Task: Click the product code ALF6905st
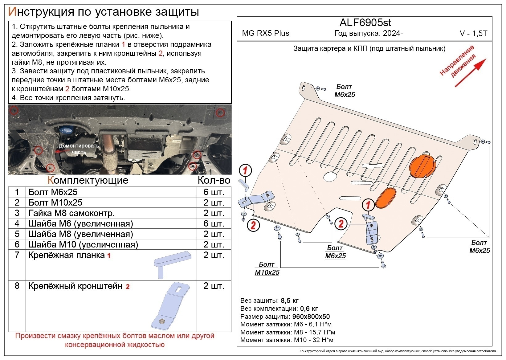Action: click(365, 23)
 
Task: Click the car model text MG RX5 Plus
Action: click(265, 33)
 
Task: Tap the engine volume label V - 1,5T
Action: click(473, 34)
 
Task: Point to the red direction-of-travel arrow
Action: click(470, 73)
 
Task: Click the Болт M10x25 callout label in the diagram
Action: click(267, 268)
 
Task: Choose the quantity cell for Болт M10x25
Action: click(214, 202)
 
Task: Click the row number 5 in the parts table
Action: click(17, 234)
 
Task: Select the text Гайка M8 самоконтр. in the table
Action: click(71, 213)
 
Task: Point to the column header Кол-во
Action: click(214, 180)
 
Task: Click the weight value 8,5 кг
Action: click(290, 301)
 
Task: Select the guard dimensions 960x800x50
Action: click(311, 316)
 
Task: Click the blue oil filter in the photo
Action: click(66, 131)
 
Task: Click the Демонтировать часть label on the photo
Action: click(79, 149)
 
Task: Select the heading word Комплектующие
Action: click(88, 180)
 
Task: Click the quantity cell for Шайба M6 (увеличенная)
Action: click(214, 223)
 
